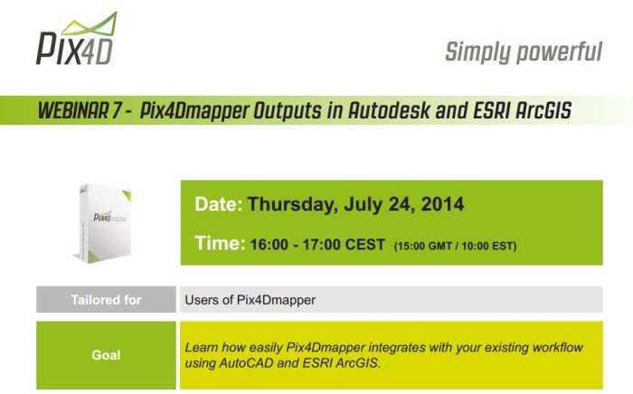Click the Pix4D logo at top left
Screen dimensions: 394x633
(76, 41)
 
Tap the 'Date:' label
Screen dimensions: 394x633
(218, 205)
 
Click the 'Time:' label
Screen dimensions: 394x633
(220, 244)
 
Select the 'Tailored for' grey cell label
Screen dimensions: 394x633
(106, 300)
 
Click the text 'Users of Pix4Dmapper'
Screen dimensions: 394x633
(250, 300)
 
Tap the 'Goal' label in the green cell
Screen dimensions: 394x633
(106, 355)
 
